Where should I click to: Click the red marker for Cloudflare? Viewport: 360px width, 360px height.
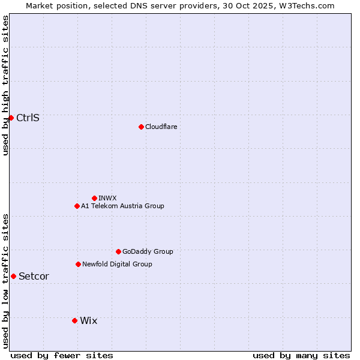tap(141, 127)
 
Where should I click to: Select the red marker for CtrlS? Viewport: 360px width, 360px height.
tap(11, 118)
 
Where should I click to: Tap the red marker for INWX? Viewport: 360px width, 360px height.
tap(94, 198)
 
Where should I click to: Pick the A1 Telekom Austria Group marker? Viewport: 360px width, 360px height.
tap(77, 206)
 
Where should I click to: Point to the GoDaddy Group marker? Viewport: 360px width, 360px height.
tap(118, 251)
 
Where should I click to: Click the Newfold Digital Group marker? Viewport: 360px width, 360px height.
tap(78, 264)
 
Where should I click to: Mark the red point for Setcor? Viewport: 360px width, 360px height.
tap(13, 276)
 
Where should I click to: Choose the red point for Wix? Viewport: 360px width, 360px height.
tap(74, 320)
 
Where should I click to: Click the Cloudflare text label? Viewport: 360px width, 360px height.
tap(161, 127)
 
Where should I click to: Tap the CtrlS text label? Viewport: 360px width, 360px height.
tap(28, 118)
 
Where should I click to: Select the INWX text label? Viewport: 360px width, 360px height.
tap(107, 198)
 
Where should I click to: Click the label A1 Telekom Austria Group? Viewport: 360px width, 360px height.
tap(122, 206)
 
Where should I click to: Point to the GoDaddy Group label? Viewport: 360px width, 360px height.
tap(148, 251)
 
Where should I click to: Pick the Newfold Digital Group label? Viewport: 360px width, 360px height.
tap(117, 264)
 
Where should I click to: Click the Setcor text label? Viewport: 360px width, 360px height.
tap(34, 276)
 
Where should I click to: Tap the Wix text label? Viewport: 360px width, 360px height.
tap(88, 320)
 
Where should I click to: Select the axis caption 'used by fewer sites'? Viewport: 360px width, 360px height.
tap(62, 355)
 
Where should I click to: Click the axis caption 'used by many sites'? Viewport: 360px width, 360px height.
tap(301, 355)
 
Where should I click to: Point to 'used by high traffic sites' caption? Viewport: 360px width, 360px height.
tap(5, 85)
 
